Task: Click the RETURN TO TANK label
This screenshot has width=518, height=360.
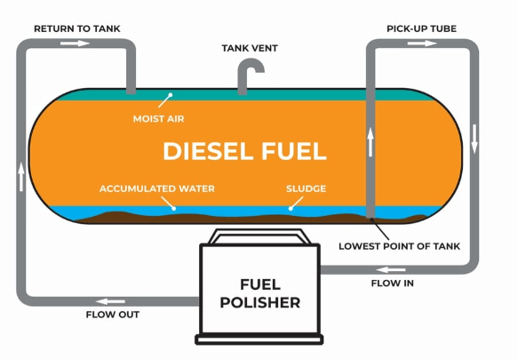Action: point(76,28)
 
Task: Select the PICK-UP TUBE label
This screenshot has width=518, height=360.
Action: point(421,28)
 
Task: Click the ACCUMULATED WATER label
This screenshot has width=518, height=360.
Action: point(156,188)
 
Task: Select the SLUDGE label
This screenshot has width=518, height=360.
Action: point(306,188)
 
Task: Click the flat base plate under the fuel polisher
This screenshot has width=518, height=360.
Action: point(259,339)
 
